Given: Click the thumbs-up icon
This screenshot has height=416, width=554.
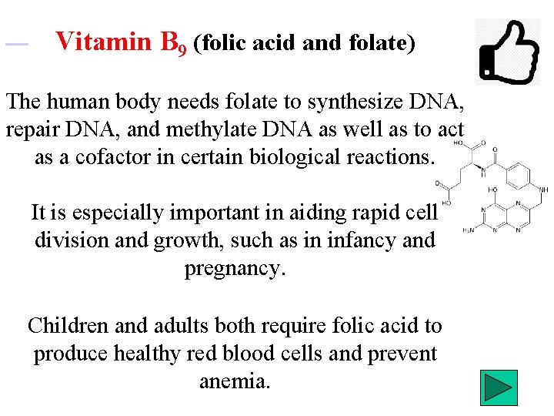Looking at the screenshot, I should [x=509, y=51].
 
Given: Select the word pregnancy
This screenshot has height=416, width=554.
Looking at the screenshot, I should [x=235, y=268].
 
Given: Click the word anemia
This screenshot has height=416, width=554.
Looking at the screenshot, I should [x=235, y=381].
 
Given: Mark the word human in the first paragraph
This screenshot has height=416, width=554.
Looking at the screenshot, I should [x=77, y=102].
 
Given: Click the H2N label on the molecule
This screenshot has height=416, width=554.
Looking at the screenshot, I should [x=468, y=230].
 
